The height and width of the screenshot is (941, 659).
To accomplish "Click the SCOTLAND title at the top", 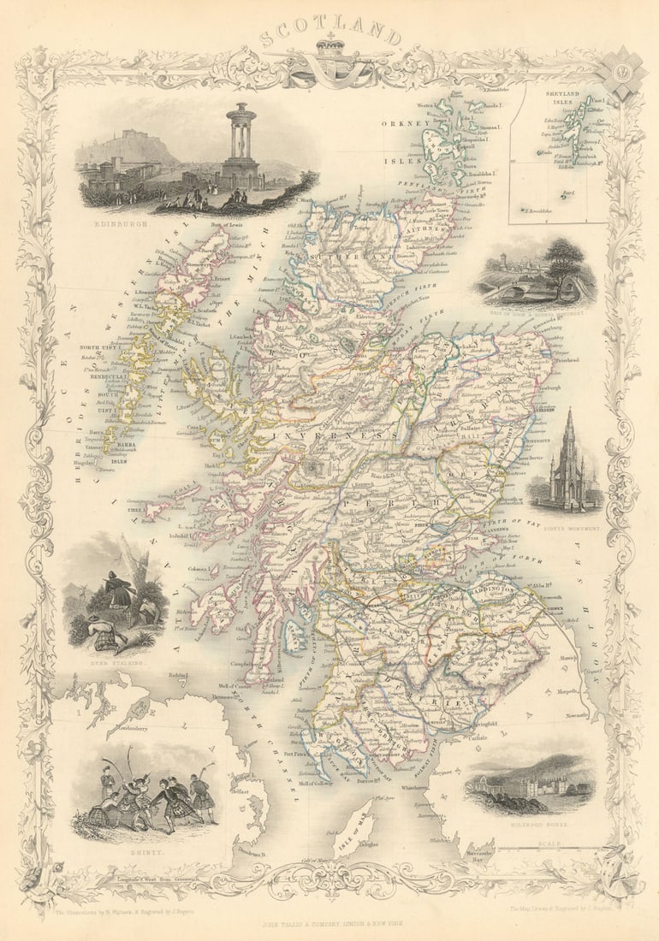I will [329, 35].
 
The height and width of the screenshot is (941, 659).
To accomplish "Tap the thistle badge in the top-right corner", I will [620, 73].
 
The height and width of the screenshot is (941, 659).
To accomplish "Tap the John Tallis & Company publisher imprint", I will [329, 924].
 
